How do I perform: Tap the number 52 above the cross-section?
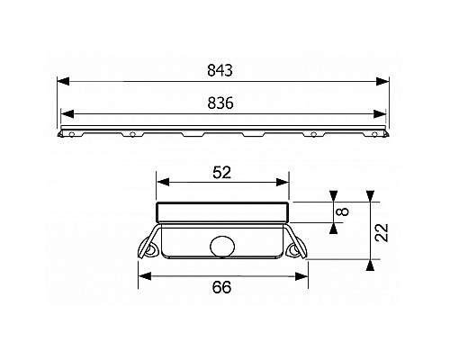(x=223, y=170)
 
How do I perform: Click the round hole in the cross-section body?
(x=222, y=243)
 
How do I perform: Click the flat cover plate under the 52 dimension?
(x=222, y=211)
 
